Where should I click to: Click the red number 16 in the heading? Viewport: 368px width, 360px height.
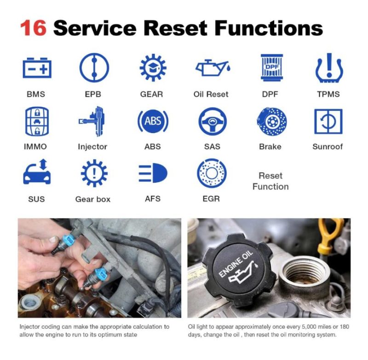click(x=33, y=28)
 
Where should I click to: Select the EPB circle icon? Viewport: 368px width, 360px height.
click(x=94, y=68)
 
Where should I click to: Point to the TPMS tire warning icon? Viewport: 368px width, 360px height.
click(x=328, y=68)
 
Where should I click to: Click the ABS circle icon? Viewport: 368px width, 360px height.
click(x=153, y=122)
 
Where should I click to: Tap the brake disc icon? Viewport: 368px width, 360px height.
click(x=270, y=122)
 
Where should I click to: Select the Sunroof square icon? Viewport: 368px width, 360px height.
click(x=328, y=122)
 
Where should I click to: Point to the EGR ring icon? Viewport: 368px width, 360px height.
click(x=211, y=174)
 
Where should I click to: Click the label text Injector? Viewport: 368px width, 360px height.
click(x=92, y=147)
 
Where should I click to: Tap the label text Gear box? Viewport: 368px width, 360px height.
click(x=93, y=199)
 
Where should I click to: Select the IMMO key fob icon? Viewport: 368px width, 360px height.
click(x=36, y=122)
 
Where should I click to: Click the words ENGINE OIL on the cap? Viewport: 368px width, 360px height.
click(x=236, y=266)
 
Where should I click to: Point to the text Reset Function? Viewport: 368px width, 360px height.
click(x=270, y=181)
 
